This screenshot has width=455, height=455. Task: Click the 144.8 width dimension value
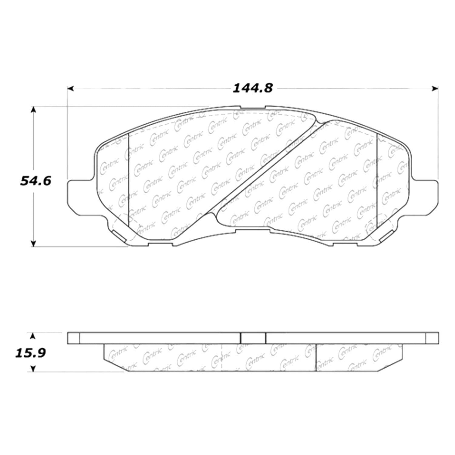(253, 88)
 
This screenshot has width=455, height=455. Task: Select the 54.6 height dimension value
(36, 181)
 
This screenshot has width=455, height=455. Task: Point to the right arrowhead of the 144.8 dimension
(435, 89)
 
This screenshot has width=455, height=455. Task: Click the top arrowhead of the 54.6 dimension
(34, 110)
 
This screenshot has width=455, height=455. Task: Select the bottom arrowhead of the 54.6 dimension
(34, 243)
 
